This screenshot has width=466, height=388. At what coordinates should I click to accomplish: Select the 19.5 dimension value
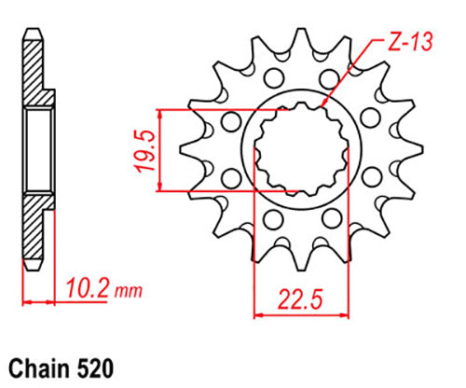[x=142, y=150]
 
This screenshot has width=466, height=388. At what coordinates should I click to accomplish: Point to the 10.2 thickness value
[x=86, y=290]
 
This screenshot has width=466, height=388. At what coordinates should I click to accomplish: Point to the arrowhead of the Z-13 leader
[x=322, y=110]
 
